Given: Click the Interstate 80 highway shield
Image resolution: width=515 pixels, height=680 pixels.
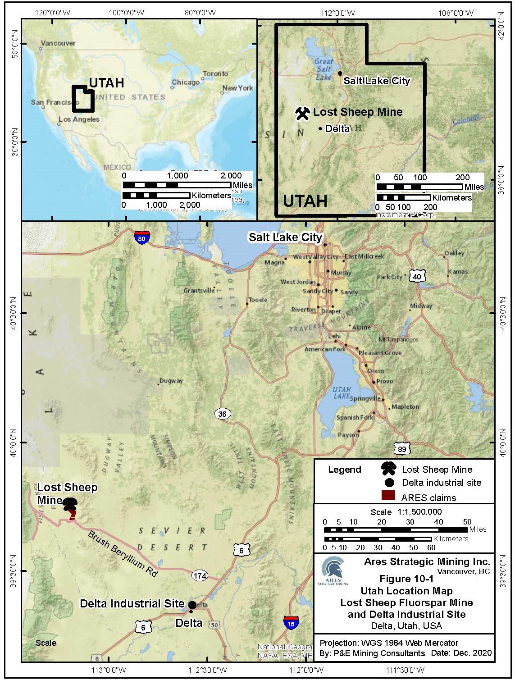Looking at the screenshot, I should (141, 237).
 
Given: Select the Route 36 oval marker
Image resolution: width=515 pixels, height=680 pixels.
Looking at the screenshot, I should (222, 414).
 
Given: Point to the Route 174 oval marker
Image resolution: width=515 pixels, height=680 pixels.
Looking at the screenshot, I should (200, 575).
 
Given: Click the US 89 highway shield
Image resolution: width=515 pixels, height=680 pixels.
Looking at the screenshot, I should (402, 448).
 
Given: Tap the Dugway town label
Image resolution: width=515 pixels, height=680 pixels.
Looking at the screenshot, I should (171, 381).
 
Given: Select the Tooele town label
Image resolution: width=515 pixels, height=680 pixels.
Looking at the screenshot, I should (258, 300).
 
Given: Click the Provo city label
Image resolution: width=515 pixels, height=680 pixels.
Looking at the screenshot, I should (384, 381).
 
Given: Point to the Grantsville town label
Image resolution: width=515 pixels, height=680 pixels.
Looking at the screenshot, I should (199, 291).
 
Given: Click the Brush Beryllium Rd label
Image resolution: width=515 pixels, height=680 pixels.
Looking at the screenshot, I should (123, 554).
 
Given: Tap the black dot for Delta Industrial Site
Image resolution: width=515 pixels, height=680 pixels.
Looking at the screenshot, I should (192, 605).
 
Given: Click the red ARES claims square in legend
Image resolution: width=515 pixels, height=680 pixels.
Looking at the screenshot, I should (388, 496).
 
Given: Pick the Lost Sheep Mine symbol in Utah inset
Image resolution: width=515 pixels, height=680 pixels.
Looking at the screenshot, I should (302, 113).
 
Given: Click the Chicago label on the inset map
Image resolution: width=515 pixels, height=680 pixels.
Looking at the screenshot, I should (186, 82).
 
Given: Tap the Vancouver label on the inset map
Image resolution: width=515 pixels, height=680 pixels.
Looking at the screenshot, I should (58, 43).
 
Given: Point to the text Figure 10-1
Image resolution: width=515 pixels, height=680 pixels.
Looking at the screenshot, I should (406, 579).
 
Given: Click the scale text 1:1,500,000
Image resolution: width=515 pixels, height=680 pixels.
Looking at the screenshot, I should (419, 512).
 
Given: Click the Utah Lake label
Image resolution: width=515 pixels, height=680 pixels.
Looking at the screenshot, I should (342, 392).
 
